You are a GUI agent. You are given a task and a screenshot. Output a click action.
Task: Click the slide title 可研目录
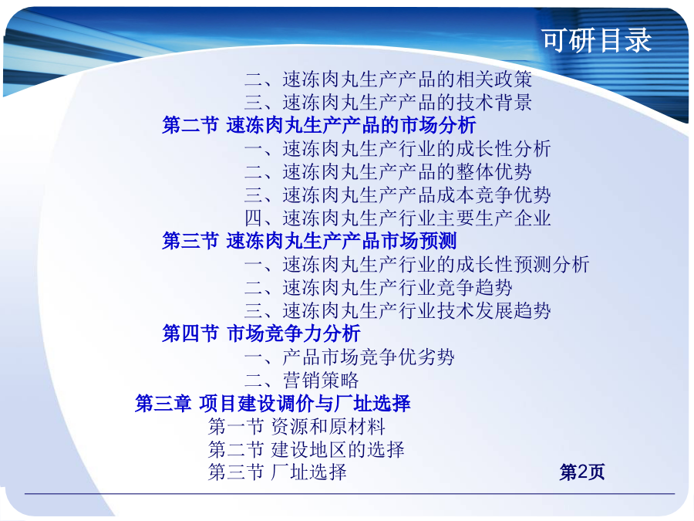[596, 40]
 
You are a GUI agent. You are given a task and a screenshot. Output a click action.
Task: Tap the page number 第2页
[581, 472]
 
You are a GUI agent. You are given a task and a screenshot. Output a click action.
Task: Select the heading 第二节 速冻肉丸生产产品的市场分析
[318, 125]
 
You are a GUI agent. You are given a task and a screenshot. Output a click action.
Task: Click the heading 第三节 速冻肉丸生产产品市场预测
[309, 241]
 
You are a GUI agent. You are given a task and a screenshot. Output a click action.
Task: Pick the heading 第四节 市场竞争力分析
[261, 333]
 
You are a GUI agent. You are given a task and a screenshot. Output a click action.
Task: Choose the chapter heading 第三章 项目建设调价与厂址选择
[273, 403]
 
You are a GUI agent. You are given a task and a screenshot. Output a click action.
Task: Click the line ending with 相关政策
[388, 80]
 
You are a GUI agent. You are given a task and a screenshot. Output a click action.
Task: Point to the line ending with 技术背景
[388, 103]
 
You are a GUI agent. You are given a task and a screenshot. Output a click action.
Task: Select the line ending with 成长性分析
[397, 148]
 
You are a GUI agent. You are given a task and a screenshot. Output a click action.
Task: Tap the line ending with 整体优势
[388, 171]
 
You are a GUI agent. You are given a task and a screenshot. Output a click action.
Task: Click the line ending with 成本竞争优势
[397, 195]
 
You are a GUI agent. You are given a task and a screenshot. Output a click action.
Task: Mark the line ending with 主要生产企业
[397, 218]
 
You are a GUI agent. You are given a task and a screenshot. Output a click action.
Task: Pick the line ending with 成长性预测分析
[417, 265]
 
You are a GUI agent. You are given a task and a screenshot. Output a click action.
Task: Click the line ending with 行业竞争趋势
[379, 288]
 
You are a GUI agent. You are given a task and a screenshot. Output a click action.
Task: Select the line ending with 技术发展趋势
[397, 310]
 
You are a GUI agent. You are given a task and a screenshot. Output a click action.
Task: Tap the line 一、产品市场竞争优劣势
[349, 357]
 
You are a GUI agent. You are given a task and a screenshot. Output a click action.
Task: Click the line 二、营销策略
[302, 380]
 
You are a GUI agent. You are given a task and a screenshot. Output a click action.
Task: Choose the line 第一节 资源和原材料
[297, 426]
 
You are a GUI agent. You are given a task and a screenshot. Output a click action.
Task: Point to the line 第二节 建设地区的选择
[306, 449]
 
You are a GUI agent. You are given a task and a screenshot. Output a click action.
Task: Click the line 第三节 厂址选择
[278, 472]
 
